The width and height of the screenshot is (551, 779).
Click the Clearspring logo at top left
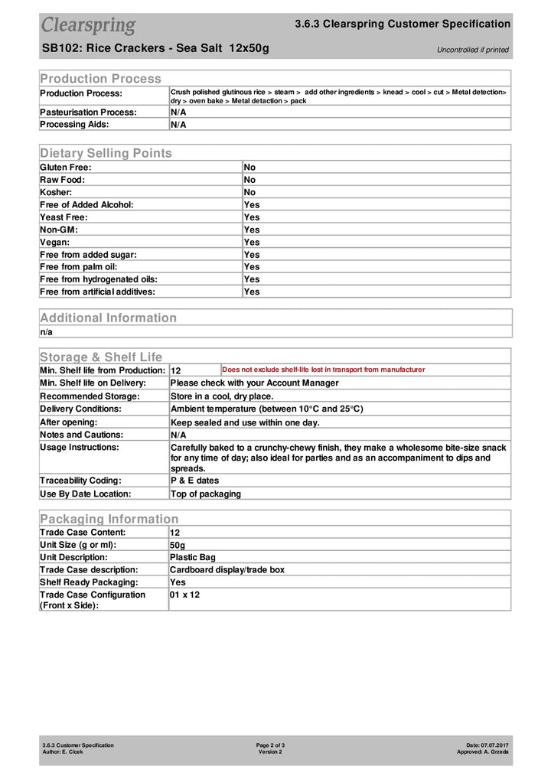click(88, 25)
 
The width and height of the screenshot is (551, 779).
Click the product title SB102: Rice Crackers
click(155, 49)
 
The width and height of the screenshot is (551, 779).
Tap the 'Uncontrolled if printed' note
click(472, 51)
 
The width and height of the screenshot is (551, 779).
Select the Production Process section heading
click(100, 78)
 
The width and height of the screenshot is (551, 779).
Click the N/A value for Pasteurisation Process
click(178, 112)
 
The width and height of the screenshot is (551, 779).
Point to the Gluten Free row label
click(66, 167)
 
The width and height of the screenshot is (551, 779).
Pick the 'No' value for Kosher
click(249, 192)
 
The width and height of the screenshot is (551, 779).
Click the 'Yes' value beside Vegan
click(252, 242)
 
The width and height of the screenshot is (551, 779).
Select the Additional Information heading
click(108, 318)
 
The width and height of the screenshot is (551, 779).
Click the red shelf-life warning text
click(323, 370)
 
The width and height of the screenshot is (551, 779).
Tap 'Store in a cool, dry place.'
click(222, 396)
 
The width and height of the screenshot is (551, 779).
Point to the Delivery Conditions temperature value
click(266, 409)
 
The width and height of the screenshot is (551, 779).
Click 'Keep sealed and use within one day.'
click(245, 422)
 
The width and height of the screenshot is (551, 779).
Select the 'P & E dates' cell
click(194, 481)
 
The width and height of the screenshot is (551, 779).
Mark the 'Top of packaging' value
click(205, 494)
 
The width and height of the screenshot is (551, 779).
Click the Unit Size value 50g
click(178, 545)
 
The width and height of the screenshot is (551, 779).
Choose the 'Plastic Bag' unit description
click(193, 557)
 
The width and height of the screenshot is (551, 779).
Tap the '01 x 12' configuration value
click(184, 595)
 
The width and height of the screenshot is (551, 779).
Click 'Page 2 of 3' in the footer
click(270, 745)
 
